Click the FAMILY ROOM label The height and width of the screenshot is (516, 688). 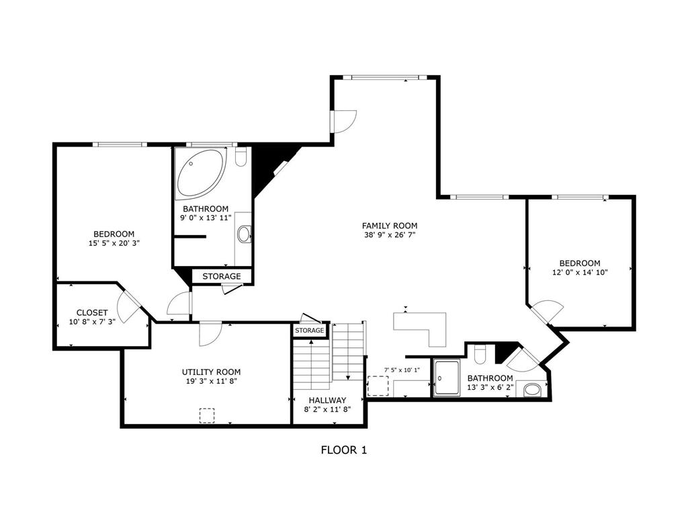[390, 226]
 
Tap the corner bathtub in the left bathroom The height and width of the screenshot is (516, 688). [199, 173]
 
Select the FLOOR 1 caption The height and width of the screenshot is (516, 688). [344, 450]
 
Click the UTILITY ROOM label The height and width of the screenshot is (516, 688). [211, 372]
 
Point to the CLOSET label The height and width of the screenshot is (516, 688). [92, 312]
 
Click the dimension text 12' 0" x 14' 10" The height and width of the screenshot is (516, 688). [580, 273]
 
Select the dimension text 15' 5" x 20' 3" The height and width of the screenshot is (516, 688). [114, 243]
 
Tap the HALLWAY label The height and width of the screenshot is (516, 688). [327, 400]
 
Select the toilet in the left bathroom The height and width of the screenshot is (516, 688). [241, 157]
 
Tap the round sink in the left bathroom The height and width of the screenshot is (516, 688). [245, 234]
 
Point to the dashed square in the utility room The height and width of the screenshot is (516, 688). [207, 415]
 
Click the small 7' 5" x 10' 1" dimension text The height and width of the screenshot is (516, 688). [402, 370]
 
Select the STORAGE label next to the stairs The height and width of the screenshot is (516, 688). [309, 331]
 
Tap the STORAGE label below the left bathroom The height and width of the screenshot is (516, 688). [221, 276]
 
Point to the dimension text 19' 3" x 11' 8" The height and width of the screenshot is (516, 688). [211, 381]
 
